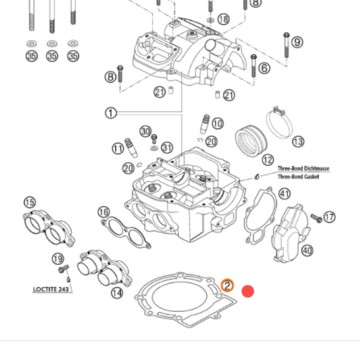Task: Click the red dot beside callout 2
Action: (x=248, y=290)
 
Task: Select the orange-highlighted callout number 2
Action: (x=228, y=286)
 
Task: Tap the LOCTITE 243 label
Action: (x=52, y=289)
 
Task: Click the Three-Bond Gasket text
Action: (x=299, y=175)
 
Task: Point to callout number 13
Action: (x=298, y=142)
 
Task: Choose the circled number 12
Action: (x=267, y=161)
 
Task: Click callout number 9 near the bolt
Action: (x=297, y=42)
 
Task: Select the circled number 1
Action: (x=110, y=113)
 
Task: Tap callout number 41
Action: (x=284, y=193)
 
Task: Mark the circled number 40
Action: (x=307, y=250)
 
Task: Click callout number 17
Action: (x=329, y=217)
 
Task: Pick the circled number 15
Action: (x=30, y=203)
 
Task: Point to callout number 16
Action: (x=104, y=212)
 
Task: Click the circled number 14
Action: (x=117, y=292)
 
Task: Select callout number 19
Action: (x=57, y=258)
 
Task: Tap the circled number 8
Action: (x=110, y=76)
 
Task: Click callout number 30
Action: (x=145, y=131)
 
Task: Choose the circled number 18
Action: (x=223, y=19)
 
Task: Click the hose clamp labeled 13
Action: (x=279, y=121)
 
